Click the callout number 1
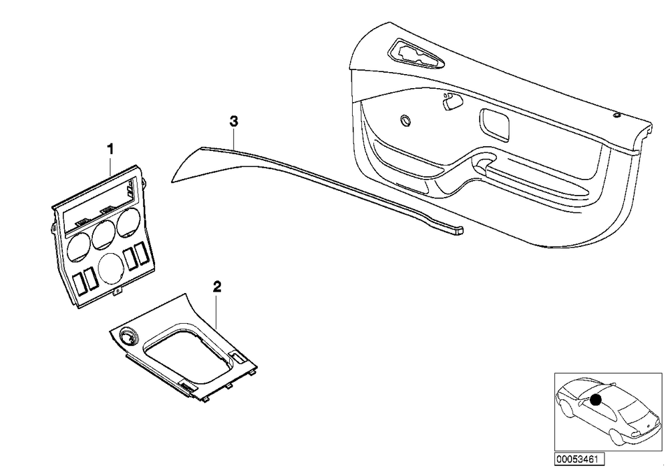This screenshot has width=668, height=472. (110, 150)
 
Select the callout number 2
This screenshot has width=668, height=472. (217, 287)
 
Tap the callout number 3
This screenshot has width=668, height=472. (233, 122)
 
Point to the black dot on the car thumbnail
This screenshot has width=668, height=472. (596, 400)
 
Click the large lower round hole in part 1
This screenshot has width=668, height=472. (112, 269)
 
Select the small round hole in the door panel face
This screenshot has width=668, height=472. (405, 120)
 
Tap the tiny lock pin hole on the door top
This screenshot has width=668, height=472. (617, 115)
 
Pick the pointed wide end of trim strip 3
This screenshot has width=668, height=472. (173, 180)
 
